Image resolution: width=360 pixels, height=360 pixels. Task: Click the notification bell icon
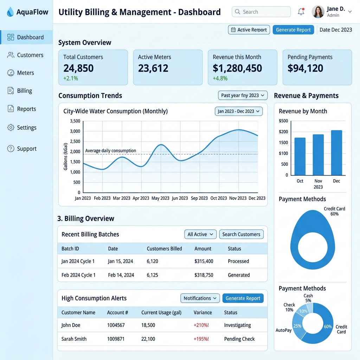(301, 12)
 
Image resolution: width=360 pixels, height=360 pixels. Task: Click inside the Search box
(261, 12)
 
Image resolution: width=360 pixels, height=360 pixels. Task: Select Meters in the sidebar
(25, 73)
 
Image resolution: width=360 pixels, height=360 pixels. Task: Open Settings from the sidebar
(27, 127)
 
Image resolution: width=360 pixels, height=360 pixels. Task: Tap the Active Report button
(249, 30)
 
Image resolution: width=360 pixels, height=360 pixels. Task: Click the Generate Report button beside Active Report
(293, 30)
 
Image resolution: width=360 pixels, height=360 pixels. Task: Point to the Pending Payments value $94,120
(306, 68)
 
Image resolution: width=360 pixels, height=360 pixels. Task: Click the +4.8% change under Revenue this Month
(220, 78)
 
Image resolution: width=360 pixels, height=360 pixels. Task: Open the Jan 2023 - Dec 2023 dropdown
(239, 111)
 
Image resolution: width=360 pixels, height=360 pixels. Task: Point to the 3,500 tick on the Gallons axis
(75, 121)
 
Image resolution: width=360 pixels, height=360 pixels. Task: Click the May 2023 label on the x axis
(160, 198)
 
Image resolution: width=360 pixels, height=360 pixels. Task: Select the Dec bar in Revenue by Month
(336, 153)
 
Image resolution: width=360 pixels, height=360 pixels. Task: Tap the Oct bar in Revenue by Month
(300, 156)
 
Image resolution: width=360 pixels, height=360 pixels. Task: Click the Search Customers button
(241, 234)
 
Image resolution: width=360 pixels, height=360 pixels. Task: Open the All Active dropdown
(200, 234)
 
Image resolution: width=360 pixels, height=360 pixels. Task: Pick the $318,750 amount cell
(204, 275)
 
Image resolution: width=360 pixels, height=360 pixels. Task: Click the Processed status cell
(238, 261)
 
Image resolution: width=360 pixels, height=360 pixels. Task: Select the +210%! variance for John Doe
(201, 325)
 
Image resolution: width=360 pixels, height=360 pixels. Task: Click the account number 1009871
(116, 339)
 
